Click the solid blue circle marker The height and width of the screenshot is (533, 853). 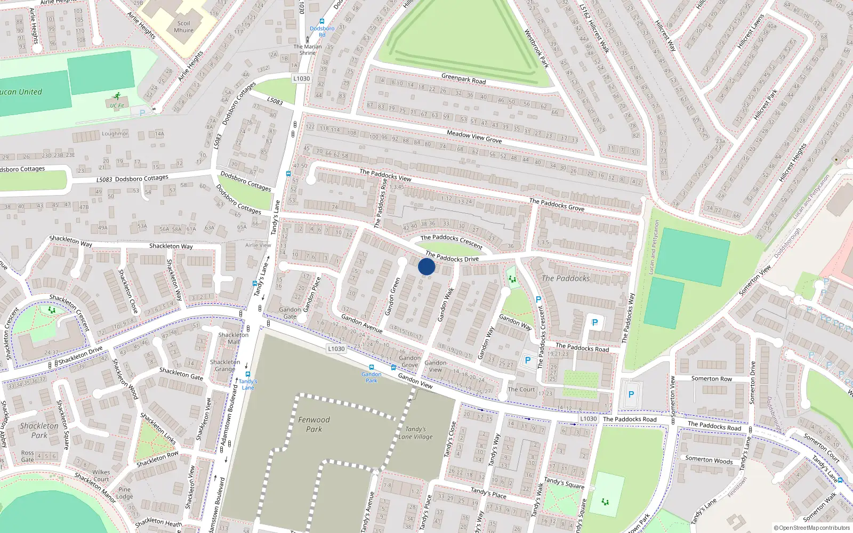coord(426,266)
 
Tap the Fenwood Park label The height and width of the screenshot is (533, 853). coord(314,424)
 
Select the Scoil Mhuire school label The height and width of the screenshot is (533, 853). coord(184,27)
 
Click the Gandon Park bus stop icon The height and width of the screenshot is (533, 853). coord(372,367)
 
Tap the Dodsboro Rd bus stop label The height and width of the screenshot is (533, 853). coord(322,31)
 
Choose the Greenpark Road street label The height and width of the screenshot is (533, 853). coord(463,79)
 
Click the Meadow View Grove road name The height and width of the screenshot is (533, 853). coord(474,136)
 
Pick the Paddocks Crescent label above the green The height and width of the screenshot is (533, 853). coord(451,241)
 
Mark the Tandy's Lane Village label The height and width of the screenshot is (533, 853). coord(415,433)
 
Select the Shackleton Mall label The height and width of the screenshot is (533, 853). coord(234,338)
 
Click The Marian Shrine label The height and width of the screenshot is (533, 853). coord(308,50)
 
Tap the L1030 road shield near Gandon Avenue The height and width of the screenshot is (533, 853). coord(336,349)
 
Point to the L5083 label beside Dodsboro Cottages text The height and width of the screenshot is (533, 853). coord(104,180)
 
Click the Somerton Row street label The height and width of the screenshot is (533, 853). coord(712,379)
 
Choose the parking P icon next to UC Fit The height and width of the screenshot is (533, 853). coord(142,113)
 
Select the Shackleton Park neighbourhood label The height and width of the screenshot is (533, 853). coord(39,430)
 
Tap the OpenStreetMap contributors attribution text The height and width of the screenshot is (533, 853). coord(812,528)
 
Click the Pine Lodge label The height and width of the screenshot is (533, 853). coord(125,493)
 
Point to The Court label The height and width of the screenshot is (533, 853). coord(521,390)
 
